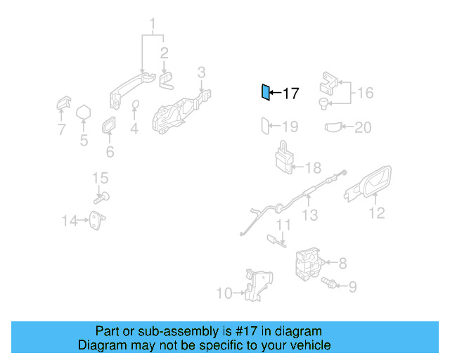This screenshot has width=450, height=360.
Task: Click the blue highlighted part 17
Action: (265, 92)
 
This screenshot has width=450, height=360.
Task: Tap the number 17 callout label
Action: (290, 93)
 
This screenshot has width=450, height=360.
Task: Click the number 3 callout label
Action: (201, 72)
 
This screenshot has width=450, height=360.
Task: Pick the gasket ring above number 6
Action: (110, 127)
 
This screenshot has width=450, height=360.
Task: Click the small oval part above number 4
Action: (136, 106)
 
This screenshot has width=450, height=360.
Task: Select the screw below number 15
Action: (101, 198)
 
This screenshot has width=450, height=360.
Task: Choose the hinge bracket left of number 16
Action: (330, 84)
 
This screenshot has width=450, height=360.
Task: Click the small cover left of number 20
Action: (333, 127)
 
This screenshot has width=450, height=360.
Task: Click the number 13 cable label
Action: (310, 215)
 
